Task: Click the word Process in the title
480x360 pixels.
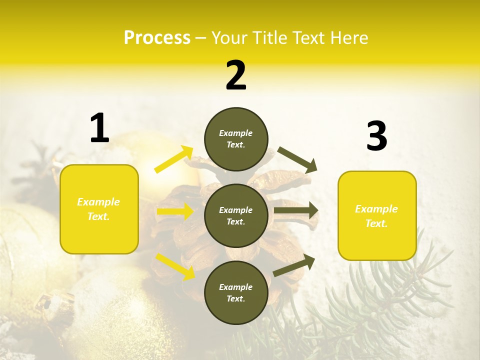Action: point(157,38)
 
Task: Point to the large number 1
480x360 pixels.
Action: point(99,128)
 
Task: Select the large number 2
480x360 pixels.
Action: point(236,75)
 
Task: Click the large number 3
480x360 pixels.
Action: point(376,136)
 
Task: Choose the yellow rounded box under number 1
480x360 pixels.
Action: point(99,209)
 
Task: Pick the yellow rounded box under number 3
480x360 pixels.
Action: point(377,216)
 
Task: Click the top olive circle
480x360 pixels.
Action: point(236,139)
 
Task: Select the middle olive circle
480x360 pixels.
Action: point(236,215)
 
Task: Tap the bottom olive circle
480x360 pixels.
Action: point(236,292)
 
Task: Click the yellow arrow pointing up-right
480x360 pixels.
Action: point(173,159)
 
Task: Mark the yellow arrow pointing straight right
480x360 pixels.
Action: point(175,211)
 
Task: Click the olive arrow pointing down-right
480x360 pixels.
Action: point(297,159)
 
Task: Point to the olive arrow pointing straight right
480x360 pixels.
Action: point(296,210)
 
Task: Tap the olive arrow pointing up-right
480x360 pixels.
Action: point(294,265)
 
